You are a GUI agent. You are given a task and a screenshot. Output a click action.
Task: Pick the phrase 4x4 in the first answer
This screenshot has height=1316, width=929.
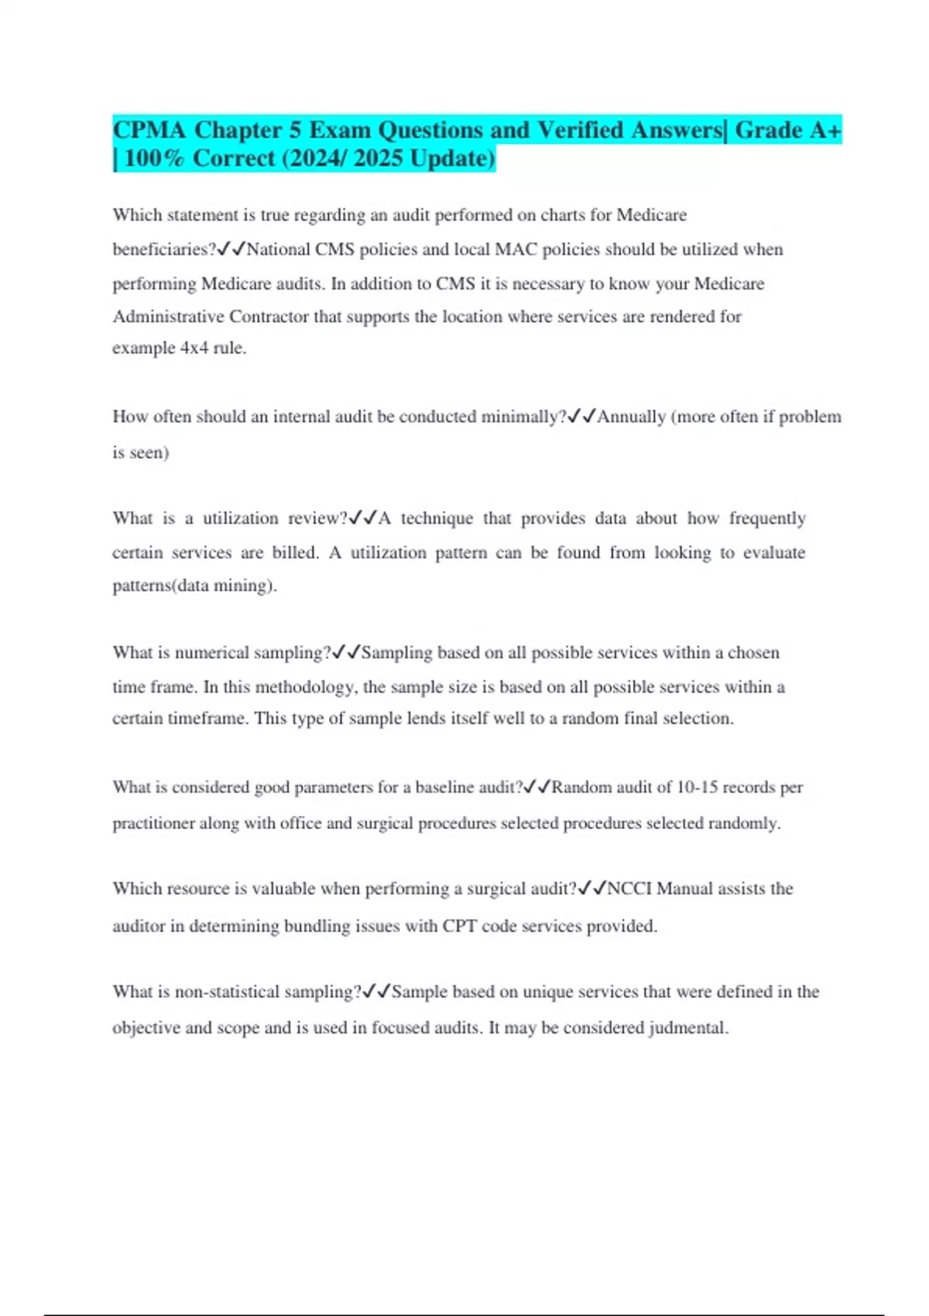(x=194, y=348)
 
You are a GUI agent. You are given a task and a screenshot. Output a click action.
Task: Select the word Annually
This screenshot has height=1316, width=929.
(x=631, y=416)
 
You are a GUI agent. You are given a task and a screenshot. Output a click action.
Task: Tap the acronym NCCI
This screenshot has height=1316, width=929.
(x=629, y=889)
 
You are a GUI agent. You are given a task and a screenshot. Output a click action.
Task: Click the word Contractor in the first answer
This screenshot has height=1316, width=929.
(x=269, y=317)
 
